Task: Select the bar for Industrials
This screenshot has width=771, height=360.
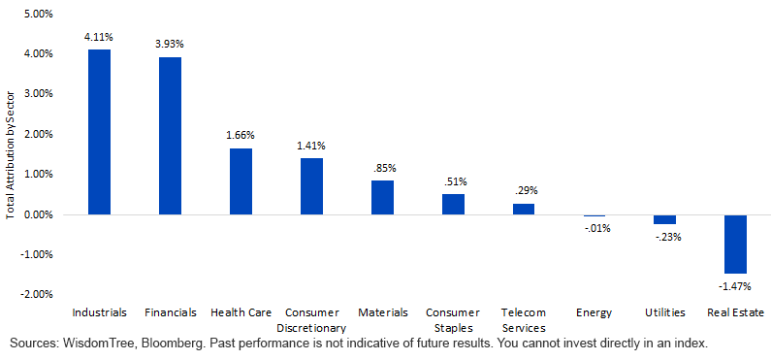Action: [99, 132]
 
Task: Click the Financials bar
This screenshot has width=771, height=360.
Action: [170, 136]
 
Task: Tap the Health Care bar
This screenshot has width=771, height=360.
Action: [241, 181]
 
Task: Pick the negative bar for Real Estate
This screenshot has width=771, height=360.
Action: [735, 244]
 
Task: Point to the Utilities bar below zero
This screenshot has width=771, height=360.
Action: [664, 219]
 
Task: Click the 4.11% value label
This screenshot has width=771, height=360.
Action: [99, 37]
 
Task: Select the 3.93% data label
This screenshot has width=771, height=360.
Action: [170, 45]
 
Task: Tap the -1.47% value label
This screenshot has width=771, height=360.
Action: [735, 286]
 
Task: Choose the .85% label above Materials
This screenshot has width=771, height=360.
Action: [382, 168]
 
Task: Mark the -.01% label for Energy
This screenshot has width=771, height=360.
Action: [594, 228]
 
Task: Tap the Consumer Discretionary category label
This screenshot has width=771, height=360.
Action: [311, 320]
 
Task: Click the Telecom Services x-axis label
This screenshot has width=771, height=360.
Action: [523, 320]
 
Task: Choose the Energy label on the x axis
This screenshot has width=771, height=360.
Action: [594, 312]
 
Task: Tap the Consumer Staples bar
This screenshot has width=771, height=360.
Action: [453, 205]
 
